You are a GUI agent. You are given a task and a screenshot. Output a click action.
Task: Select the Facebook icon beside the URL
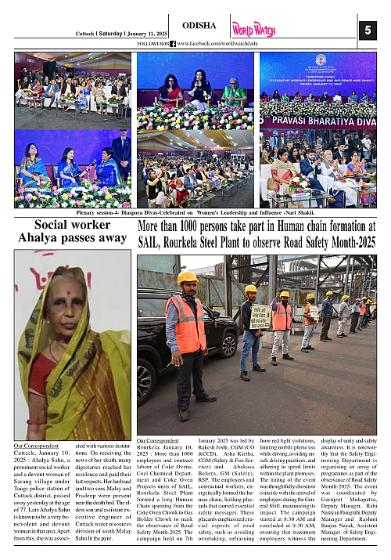point(172,44)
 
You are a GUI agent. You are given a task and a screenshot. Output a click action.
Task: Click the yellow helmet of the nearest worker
point(188,277)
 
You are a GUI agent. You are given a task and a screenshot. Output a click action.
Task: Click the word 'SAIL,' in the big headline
point(153,242)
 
